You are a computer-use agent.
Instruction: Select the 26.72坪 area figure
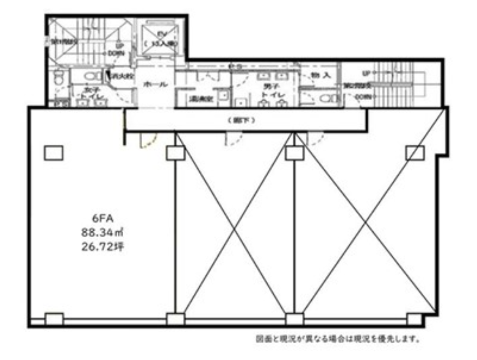click(101, 248)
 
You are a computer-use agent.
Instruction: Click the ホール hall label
click(155, 84)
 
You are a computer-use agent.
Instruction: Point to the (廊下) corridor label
click(245, 121)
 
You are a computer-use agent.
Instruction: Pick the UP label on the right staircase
click(366, 73)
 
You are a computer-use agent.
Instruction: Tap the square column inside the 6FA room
click(53, 153)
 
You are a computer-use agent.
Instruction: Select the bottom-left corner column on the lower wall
click(54, 319)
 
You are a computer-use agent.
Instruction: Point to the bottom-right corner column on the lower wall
click(414, 319)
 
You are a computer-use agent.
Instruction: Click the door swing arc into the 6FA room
click(148, 141)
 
